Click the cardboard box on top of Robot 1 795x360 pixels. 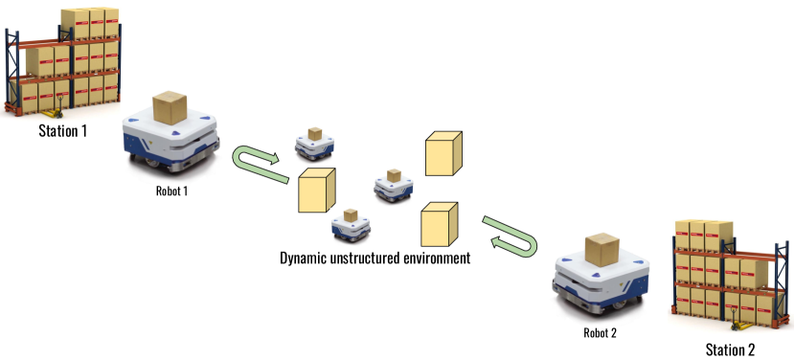[x=170, y=107]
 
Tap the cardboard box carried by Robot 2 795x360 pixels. [x=602, y=250]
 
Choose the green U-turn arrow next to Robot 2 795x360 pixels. [x=511, y=237]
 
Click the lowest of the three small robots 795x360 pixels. [x=351, y=227]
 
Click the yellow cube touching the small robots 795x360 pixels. [x=316, y=190]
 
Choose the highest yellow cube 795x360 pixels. [x=443, y=153]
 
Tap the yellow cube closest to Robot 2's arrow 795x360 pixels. [x=439, y=224]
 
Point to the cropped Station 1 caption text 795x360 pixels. [x=63, y=125]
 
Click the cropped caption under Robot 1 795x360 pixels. [x=171, y=186]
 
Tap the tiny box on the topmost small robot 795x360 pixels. [x=314, y=135]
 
